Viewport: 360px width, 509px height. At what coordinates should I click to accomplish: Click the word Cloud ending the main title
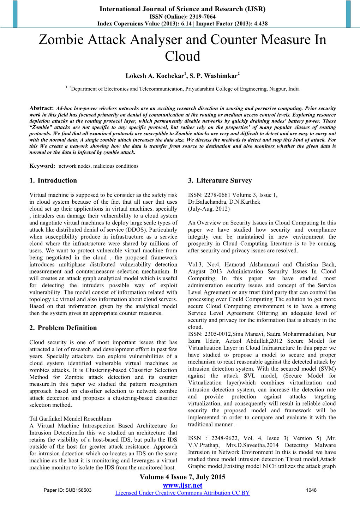click(x=182, y=56)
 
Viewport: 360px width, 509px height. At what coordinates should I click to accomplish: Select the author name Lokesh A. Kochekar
click(x=155, y=76)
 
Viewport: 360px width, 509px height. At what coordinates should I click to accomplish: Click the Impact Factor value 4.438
click(x=260, y=24)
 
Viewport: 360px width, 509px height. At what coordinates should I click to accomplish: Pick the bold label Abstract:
click(x=42, y=108)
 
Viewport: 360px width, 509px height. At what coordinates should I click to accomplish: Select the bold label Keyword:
click(x=42, y=166)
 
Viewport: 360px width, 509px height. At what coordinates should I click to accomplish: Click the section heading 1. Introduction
click(x=53, y=181)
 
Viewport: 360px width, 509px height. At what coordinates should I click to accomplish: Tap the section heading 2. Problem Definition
click(x=63, y=328)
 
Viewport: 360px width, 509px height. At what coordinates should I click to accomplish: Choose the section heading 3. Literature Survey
click(x=220, y=181)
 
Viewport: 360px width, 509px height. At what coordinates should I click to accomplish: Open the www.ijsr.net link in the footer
click(x=182, y=485)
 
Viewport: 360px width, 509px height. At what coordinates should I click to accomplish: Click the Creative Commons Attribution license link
click(x=182, y=493)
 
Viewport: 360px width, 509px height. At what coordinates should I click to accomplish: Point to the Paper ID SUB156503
click(x=67, y=490)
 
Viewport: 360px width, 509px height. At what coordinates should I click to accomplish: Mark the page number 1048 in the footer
click(x=311, y=490)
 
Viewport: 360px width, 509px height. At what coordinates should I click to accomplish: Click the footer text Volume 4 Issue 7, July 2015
click(x=182, y=477)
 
